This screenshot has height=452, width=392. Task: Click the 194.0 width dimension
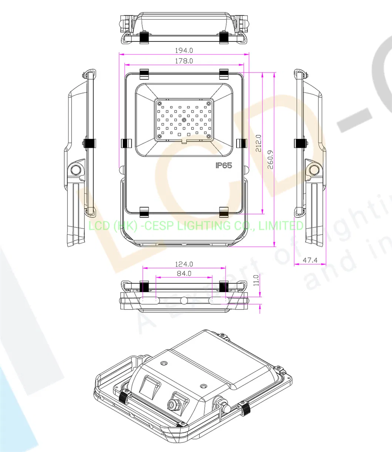point(184,50)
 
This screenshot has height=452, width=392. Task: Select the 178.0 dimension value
point(184,61)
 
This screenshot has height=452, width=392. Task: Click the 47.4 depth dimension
point(310,260)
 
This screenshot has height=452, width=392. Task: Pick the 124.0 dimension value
point(184,264)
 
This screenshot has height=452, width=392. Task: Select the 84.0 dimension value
point(184,274)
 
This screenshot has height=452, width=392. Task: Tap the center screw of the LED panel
point(184,120)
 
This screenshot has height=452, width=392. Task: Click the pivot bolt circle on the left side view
point(76,170)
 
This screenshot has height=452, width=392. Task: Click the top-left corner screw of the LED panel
point(159,103)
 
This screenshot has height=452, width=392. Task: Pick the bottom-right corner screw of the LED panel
point(209,137)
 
